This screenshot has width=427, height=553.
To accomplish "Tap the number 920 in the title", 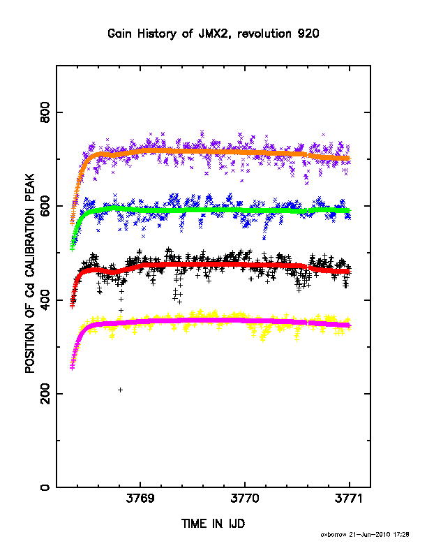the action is [x=308, y=34].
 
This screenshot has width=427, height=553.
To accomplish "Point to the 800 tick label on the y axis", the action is [x=45, y=112].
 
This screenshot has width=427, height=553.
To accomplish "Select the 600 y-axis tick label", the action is [x=45, y=205].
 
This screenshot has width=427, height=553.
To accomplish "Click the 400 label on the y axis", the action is [x=45, y=300].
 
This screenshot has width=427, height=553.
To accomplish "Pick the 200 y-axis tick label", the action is [x=45, y=394].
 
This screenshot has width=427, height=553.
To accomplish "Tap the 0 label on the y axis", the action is [x=45, y=487].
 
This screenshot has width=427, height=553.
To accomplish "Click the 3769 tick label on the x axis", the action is [x=140, y=499].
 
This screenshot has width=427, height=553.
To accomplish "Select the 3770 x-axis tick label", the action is [x=245, y=499].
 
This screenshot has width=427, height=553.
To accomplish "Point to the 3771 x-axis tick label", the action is [x=349, y=499].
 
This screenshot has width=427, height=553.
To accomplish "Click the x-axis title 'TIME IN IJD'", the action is [x=213, y=524].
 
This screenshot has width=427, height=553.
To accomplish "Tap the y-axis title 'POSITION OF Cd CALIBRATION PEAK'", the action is [x=30, y=273].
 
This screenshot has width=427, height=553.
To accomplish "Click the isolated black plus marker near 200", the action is [x=120, y=390].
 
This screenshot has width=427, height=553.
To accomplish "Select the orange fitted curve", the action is [x=211, y=152].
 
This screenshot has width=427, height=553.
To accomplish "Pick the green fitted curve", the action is [x=211, y=210].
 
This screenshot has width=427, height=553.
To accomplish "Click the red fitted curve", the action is [x=211, y=265].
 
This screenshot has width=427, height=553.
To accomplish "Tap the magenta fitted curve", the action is [x=211, y=320].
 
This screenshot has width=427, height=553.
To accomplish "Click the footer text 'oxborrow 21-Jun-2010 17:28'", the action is [x=365, y=534].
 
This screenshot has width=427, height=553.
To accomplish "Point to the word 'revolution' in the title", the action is [x=264, y=34].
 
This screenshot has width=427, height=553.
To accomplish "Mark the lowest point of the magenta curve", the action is [x=73, y=368].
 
